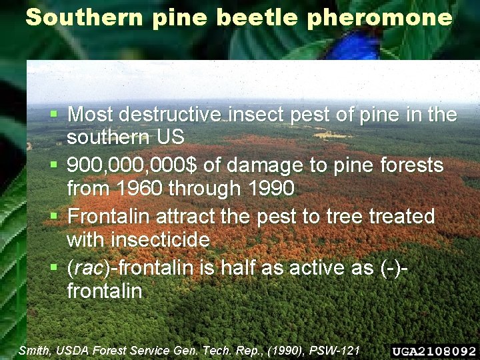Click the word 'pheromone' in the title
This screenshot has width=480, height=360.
[380, 18]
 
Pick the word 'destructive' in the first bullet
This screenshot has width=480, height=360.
[170, 115]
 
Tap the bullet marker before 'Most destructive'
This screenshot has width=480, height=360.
[55, 113]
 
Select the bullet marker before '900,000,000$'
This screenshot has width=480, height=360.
[55, 164]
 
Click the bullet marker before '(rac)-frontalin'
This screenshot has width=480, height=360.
[55, 267]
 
